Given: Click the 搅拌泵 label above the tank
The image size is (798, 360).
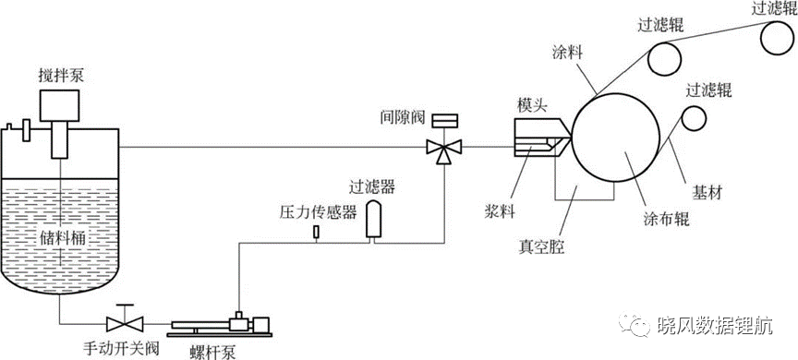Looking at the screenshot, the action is tap(61, 77).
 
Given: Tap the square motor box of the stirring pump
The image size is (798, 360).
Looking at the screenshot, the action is tap(59, 106).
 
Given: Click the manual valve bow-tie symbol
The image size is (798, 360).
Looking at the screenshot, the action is tap(126, 323).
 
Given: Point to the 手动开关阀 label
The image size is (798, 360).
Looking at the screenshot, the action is tap(121, 348).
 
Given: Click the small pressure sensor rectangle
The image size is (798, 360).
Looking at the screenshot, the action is tap(316, 232).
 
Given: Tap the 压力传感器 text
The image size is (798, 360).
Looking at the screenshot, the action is tap(318, 212).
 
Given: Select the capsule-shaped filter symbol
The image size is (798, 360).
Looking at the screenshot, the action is tap(374, 219).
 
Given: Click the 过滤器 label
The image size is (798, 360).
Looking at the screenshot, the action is tap(372, 187).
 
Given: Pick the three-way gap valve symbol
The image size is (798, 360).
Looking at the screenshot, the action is tap(444, 149).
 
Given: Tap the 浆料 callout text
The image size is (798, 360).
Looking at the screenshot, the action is tap(500, 211).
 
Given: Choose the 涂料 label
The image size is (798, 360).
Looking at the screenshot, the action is tap(567, 52).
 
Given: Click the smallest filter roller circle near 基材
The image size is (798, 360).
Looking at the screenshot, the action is tap(695, 118).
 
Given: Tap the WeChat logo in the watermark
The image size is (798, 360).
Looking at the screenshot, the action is tap(635, 324).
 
